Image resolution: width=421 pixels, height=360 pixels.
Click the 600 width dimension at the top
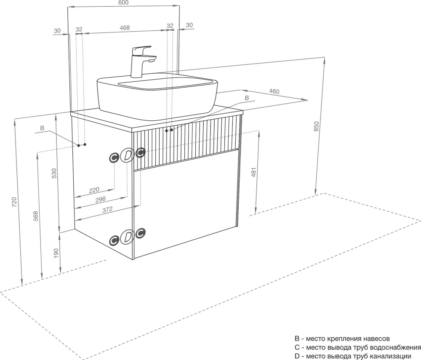123,3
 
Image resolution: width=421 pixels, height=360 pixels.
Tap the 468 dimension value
125,28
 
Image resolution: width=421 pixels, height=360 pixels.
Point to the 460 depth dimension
274,91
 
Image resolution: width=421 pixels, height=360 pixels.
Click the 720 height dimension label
14,202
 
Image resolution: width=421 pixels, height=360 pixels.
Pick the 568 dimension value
36,216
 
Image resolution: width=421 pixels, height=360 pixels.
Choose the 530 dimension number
54,173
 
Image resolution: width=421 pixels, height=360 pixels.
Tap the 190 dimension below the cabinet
56,253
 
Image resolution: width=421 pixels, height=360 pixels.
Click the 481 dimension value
254,172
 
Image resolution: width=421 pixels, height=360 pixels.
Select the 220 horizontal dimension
94,190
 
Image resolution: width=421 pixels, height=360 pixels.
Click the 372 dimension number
107,209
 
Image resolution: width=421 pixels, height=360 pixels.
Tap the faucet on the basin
142,61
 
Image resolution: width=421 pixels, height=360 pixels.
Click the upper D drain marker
127,155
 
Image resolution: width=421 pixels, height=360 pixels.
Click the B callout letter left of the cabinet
42,128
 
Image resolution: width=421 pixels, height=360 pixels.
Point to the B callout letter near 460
247,98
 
